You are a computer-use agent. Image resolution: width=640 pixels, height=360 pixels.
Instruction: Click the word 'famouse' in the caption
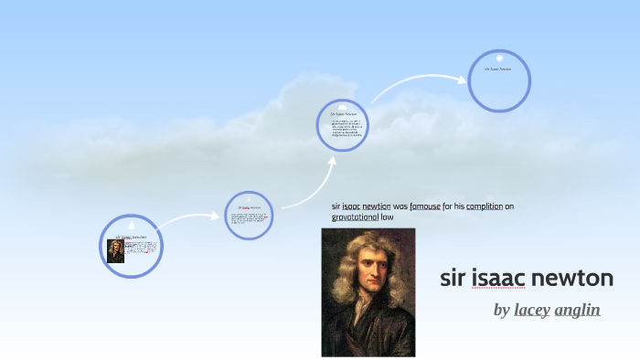pos(425,206)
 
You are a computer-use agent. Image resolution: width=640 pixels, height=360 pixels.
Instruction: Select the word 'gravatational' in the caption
pos(355,217)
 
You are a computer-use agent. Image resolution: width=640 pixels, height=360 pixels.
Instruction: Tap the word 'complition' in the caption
pos(485,206)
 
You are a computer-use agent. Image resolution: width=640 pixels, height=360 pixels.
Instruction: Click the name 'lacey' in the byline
pos(531,310)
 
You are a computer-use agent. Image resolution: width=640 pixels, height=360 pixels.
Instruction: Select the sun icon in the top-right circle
pos(500,58)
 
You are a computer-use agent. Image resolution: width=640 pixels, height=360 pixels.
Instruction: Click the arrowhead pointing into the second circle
pos(219,217)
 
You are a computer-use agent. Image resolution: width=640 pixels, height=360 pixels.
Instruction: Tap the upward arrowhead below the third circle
pos(333,161)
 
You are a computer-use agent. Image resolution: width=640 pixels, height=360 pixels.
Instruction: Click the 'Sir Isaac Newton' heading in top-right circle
pos(498,69)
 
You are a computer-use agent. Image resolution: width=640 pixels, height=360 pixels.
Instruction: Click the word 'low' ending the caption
pos(387,217)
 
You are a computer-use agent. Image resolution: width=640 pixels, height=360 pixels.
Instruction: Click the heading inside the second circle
pos(249,207)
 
